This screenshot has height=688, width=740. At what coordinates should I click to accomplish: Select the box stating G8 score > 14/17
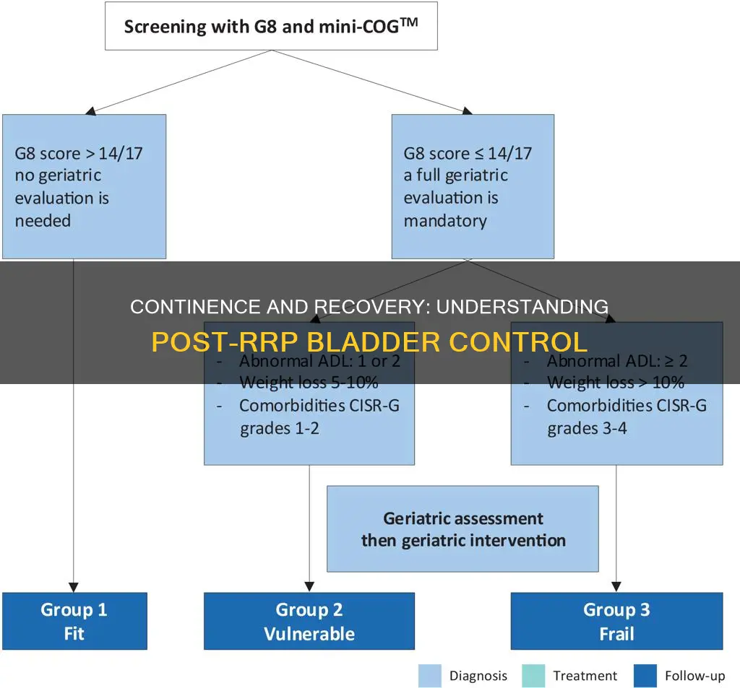pyautogui.click(x=84, y=186)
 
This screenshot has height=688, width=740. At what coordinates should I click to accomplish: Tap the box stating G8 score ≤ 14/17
pyautogui.click(x=473, y=186)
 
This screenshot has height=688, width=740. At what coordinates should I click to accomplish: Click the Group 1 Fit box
pyautogui.click(x=74, y=620)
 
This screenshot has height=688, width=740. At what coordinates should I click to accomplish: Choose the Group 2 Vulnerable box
pyautogui.click(x=309, y=620)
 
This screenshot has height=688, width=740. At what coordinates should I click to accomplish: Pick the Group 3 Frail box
pyautogui.click(x=616, y=620)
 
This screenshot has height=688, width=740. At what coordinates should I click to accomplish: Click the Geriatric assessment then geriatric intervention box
pyautogui.click(x=462, y=528)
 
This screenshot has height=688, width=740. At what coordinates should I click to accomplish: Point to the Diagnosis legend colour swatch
pyautogui.click(x=429, y=676)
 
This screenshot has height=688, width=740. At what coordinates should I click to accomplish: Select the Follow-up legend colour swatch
pyautogui.click(x=645, y=676)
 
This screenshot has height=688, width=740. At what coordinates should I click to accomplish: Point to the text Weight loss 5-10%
pyautogui.click(x=309, y=383)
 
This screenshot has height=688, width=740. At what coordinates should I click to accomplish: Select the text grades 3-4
pyautogui.click(x=587, y=428)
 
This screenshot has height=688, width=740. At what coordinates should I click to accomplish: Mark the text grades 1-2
pyautogui.click(x=280, y=428)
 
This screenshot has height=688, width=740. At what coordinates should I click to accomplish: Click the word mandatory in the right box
pyautogui.click(x=445, y=221)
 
